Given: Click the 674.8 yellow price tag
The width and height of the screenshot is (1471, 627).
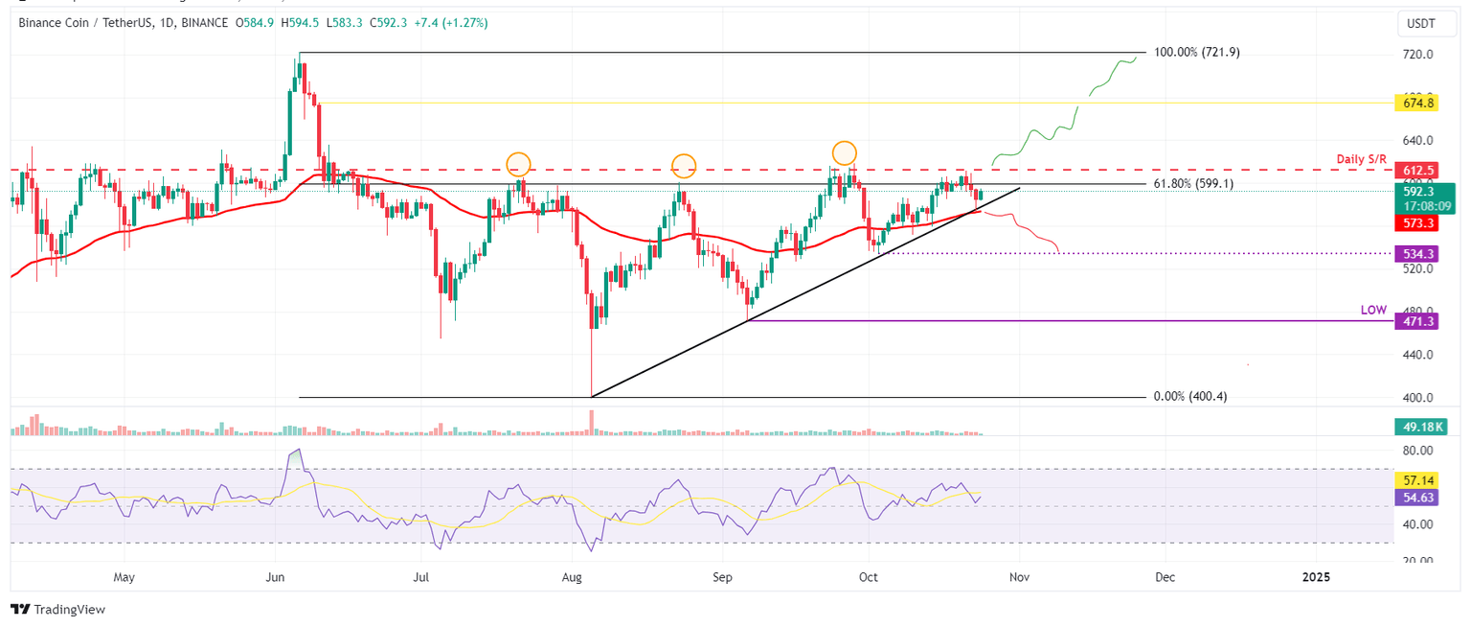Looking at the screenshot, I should point(1411,103).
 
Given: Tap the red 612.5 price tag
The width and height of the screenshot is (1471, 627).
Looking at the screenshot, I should point(1411,170).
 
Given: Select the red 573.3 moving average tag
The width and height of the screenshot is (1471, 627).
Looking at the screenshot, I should point(1411,222).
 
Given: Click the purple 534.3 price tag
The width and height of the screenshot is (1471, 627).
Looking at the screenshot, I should point(1411,254).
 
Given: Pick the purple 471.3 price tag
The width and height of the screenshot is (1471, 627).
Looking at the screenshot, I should point(1411,323).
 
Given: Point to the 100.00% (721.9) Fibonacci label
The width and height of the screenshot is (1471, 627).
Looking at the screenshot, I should point(1198,53).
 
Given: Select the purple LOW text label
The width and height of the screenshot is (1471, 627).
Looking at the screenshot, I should point(1373,311).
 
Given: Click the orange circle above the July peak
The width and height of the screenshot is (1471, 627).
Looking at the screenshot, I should point(518,164).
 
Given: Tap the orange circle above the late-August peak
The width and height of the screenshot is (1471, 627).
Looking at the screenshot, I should point(683,166).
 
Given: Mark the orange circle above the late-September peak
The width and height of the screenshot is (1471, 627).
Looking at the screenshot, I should point(844,152).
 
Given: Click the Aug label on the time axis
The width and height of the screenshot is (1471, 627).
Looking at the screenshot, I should point(572,578).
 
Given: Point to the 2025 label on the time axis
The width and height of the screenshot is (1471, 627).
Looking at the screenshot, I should point(1316,578).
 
